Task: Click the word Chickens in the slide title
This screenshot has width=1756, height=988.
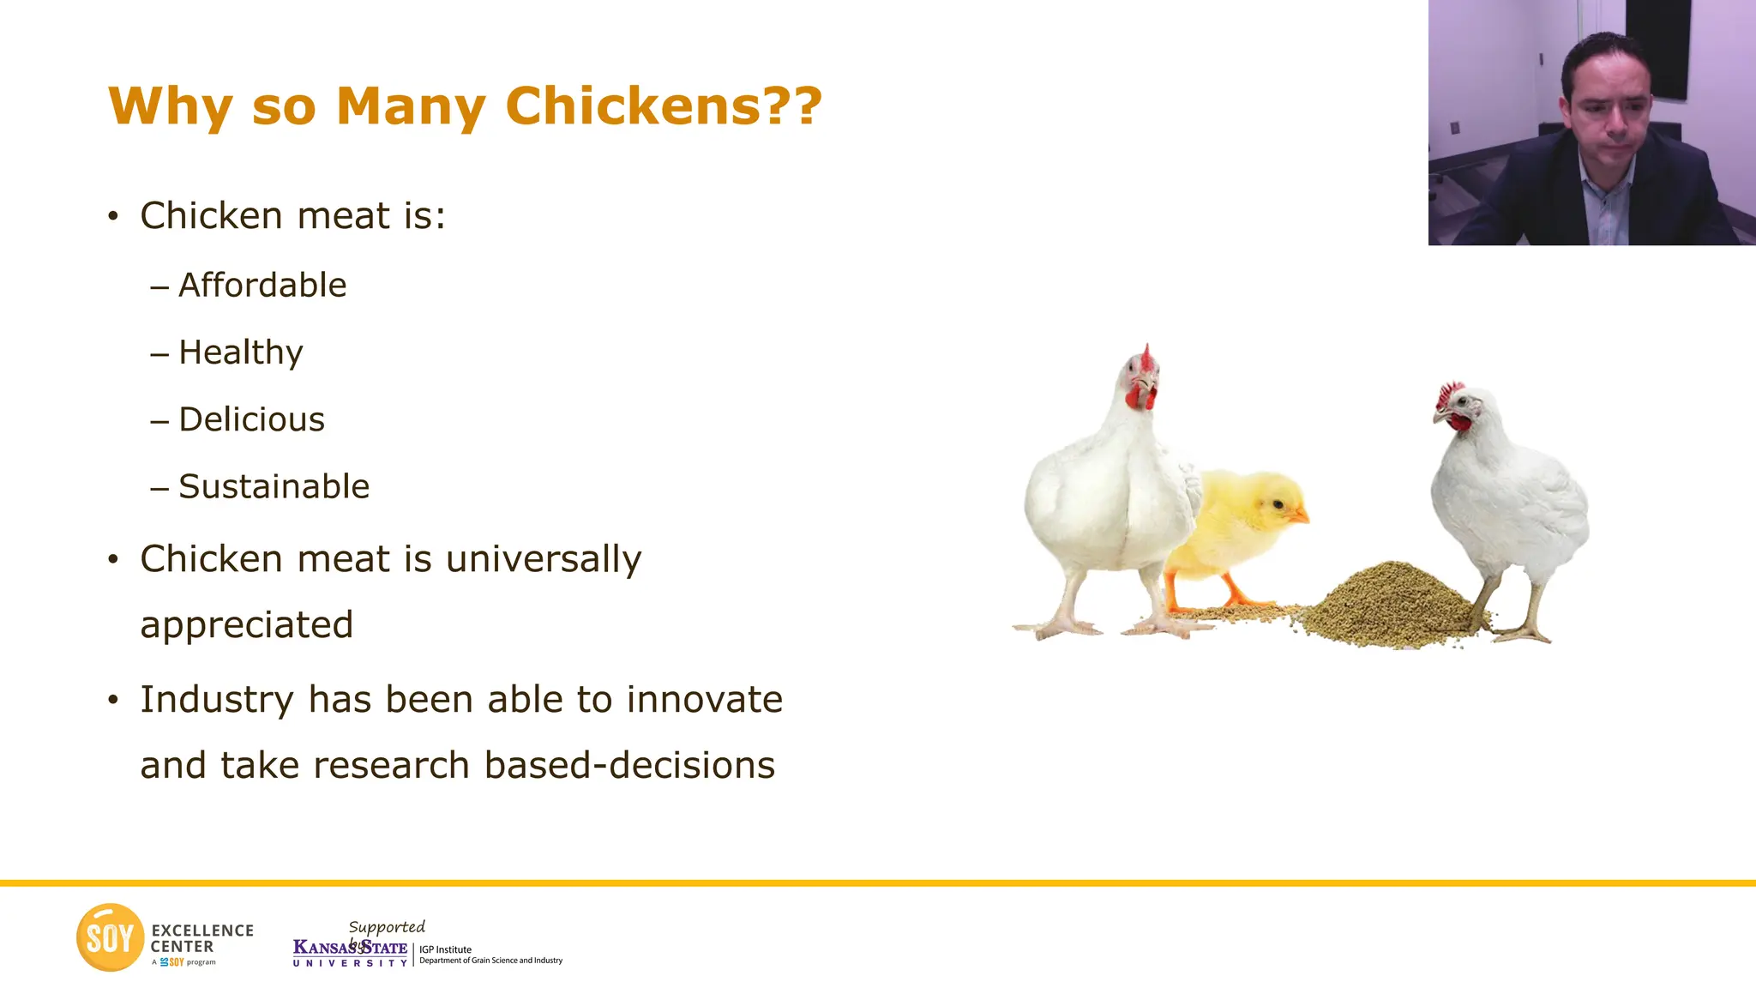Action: tap(633, 106)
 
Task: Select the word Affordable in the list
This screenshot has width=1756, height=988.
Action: tap(262, 286)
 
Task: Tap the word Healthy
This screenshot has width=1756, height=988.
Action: tap(241, 352)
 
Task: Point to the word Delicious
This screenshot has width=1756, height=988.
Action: tap(252, 419)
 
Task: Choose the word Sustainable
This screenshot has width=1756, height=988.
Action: tap(274, 486)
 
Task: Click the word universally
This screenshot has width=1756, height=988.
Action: tap(544, 559)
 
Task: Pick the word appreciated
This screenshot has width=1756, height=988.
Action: tap(247, 624)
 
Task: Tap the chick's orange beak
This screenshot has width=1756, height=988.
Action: tap(1301, 515)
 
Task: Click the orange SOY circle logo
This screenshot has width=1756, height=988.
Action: tap(110, 937)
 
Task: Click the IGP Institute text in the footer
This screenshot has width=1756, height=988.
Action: tap(445, 949)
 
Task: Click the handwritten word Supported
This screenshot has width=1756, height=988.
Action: tap(387, 927)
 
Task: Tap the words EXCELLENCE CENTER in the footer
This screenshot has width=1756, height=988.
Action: tap(201, 938)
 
